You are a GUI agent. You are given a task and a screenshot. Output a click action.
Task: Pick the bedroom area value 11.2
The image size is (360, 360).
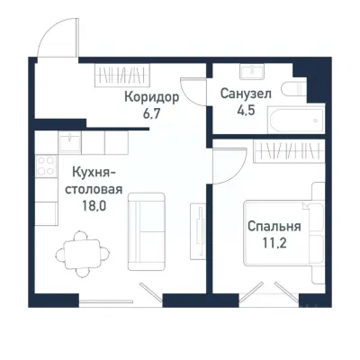pos(274,243)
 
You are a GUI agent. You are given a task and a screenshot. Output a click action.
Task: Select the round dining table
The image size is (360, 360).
pos(79,251)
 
